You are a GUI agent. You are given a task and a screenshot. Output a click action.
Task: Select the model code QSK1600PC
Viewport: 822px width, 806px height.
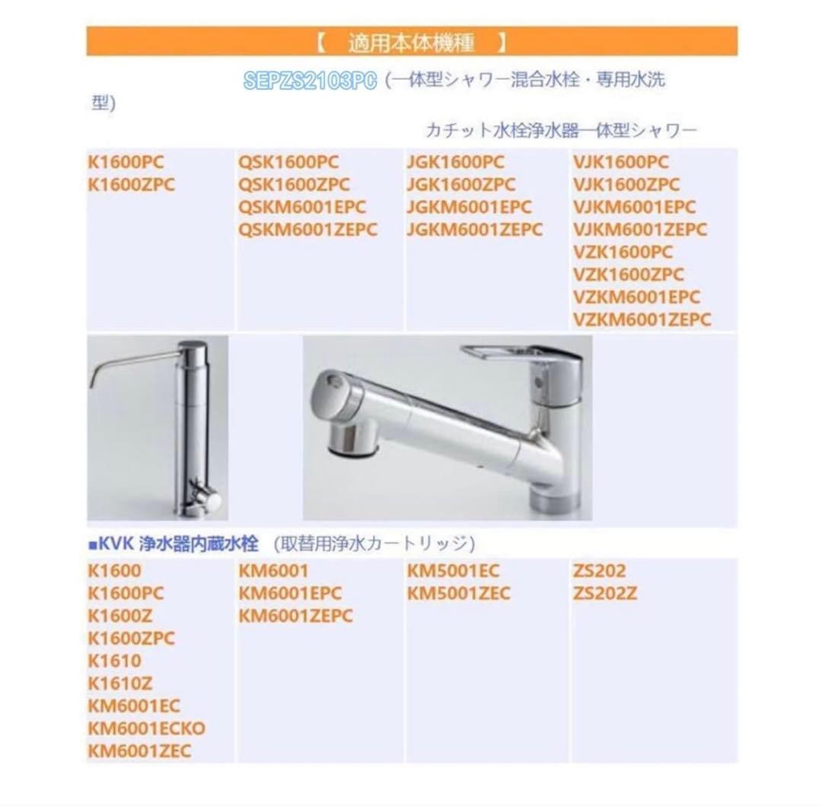tap(288, 162)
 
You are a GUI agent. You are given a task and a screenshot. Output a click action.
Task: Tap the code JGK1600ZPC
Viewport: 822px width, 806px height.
tap(460, 185)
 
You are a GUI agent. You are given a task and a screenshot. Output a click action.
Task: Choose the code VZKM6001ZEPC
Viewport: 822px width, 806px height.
tap(641, 320)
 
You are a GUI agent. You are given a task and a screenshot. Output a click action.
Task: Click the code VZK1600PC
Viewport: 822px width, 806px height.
tap(623, 252)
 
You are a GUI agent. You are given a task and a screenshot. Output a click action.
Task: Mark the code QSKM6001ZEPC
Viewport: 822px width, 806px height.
tap(307, 230)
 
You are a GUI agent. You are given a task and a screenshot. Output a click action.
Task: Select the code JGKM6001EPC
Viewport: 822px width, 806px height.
tap(469, 207)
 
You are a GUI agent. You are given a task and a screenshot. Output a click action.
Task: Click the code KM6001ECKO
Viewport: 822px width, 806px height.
tap(147, 728)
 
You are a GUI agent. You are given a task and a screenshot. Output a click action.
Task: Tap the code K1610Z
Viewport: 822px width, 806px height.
tap(120, 683)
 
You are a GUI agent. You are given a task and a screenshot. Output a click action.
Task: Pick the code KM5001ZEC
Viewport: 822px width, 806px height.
tap(458, 593)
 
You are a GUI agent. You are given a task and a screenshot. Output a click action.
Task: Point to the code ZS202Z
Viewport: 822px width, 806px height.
tap(604, 593)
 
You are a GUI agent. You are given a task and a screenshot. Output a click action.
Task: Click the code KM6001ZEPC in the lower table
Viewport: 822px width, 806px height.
tap(295, 616)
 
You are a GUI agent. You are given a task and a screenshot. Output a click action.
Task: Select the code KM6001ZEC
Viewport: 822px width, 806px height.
tap(139, 751)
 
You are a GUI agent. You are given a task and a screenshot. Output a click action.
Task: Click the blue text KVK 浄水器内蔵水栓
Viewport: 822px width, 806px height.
tap(174, 543)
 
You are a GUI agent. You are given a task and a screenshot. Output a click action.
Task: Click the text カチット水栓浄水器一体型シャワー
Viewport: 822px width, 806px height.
tap(562, 131)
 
